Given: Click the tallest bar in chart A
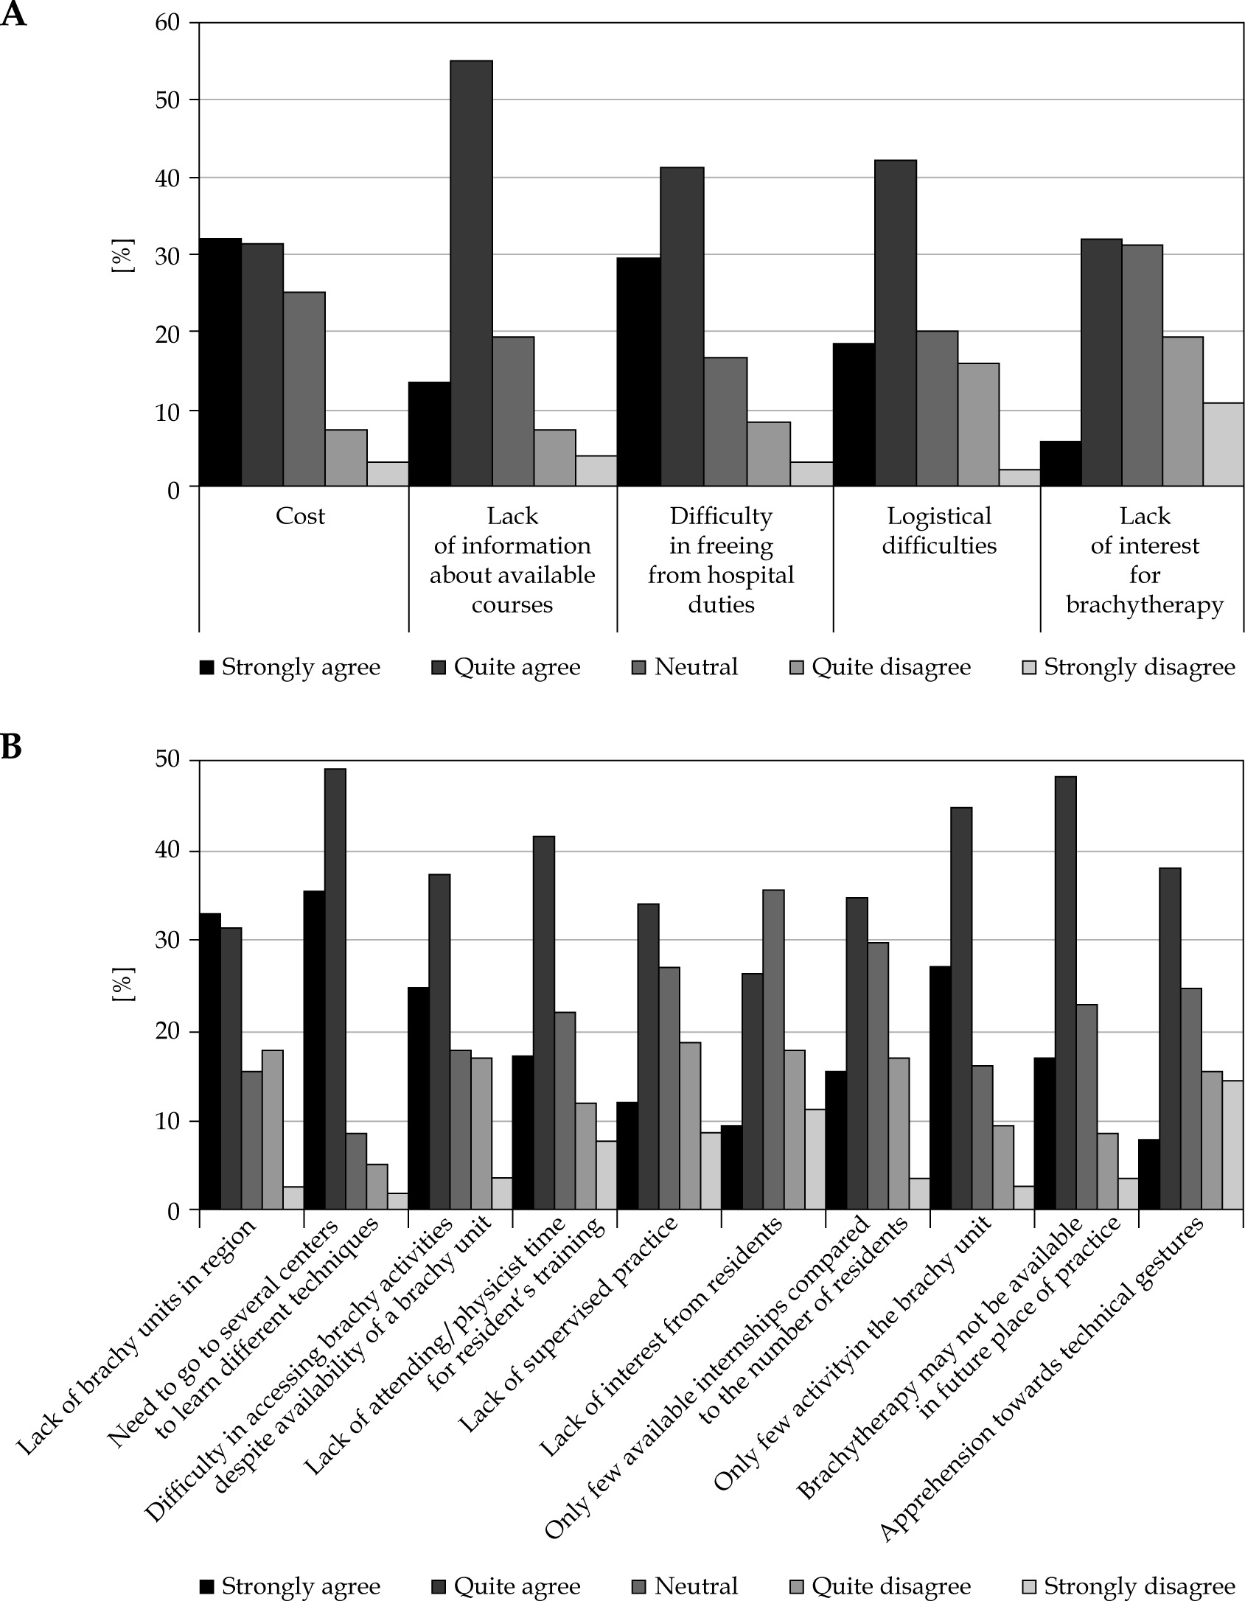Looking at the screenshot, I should coord(472,273).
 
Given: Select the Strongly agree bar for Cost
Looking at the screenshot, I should coord(220,362).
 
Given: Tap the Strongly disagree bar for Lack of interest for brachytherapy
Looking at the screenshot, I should coord(1224,444).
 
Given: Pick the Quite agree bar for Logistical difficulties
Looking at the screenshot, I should coord(896,323).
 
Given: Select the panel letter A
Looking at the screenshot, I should coord(13,15).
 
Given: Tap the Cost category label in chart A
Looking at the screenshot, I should coord(300,516).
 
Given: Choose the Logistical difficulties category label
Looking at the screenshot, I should coord(939,531).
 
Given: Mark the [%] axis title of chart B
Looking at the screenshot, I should coord(121,984).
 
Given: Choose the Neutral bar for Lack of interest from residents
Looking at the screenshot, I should coord(773,1050).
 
